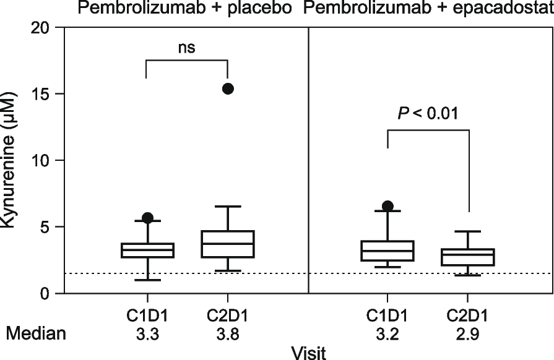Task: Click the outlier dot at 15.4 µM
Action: (x=228, y=88)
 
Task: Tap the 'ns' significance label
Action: (x=186, y=48)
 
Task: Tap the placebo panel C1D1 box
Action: (x=147, y=250)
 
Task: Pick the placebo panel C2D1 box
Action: (x=228, y=244)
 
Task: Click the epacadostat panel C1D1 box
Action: (x=387, y=251)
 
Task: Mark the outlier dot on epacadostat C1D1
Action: (x=387, y=206)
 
